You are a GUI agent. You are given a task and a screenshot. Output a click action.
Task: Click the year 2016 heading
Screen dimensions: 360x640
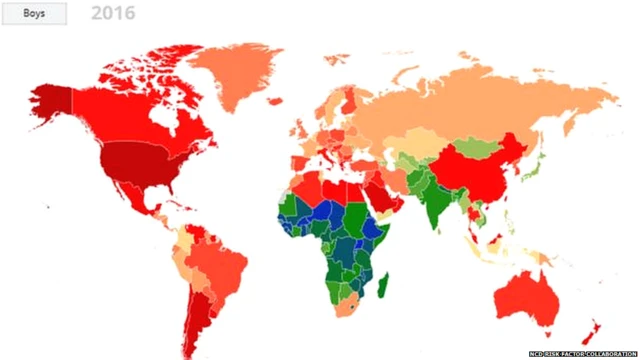[x=112, y=14]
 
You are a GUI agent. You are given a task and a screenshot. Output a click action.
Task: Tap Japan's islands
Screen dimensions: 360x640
[x=539, y=165]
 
